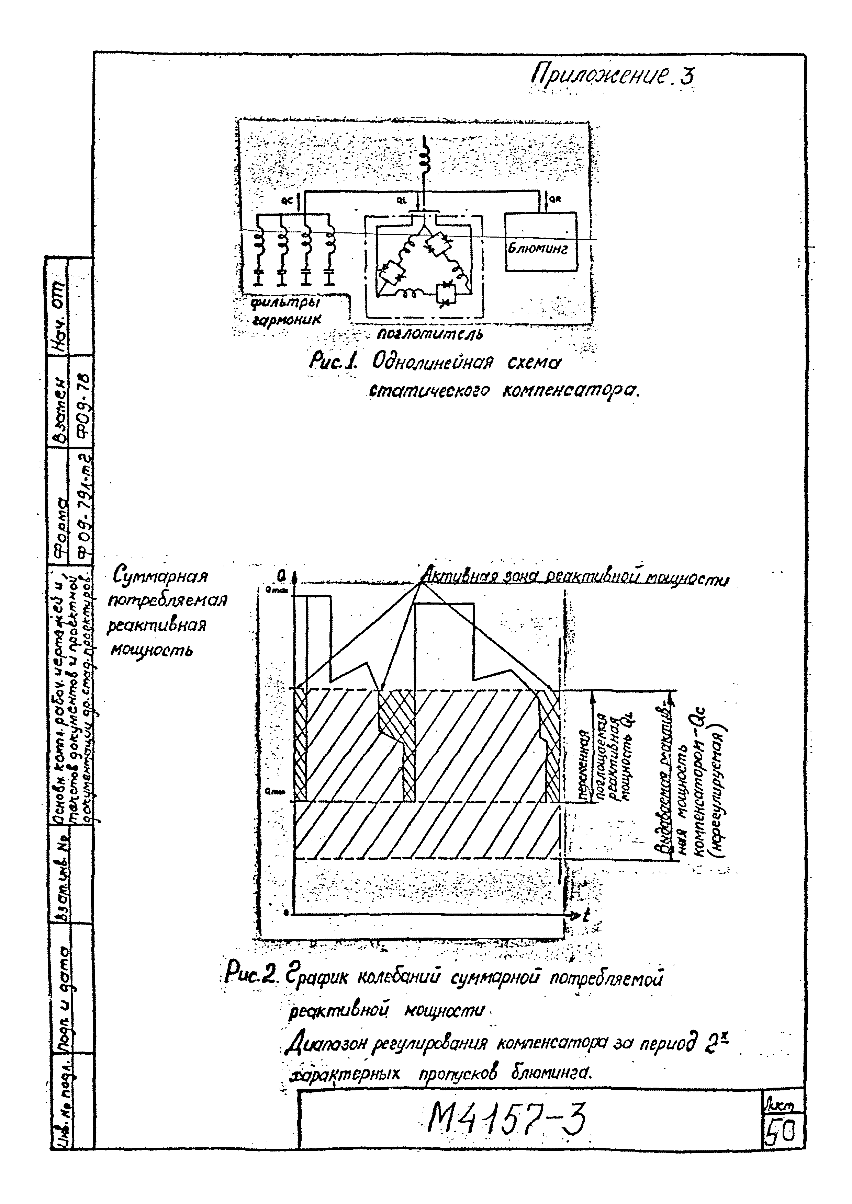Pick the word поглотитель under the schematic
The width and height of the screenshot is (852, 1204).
coord(430,333)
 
